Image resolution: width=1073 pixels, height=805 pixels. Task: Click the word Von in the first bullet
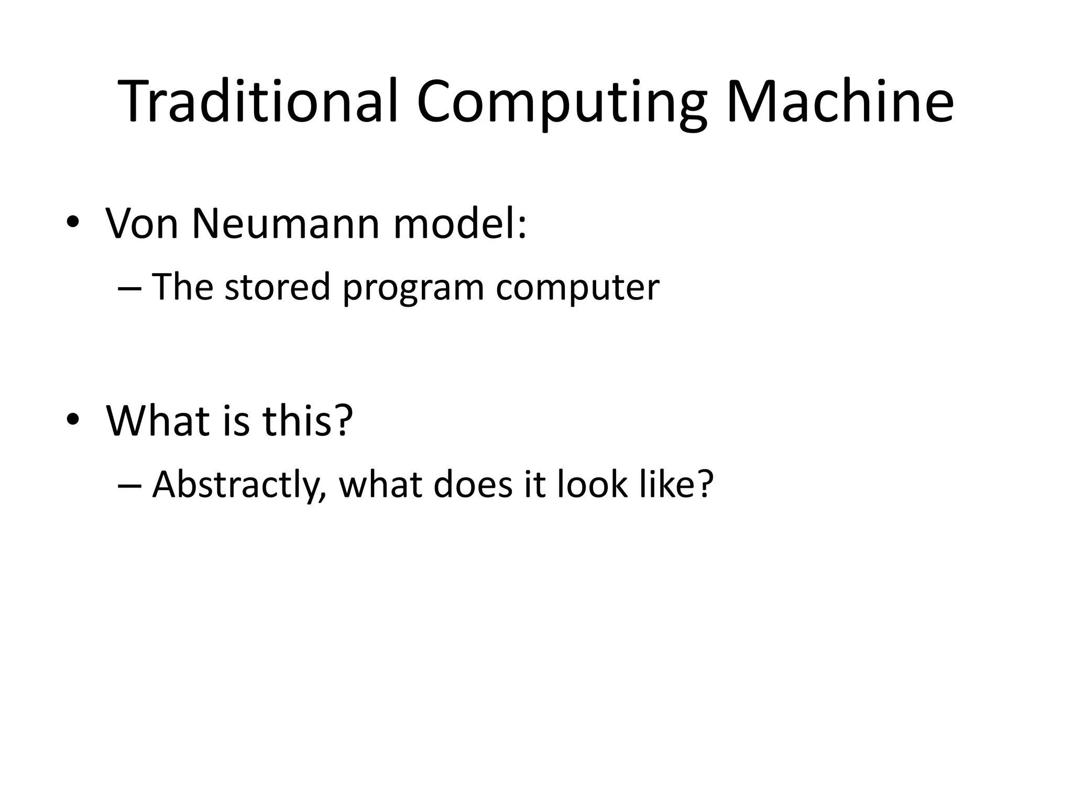[142, 224]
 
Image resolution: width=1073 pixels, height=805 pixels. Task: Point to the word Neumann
[286, 224]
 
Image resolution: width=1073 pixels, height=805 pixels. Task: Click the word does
[473, 484]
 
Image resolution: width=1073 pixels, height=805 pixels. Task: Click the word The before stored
[183, 287]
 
